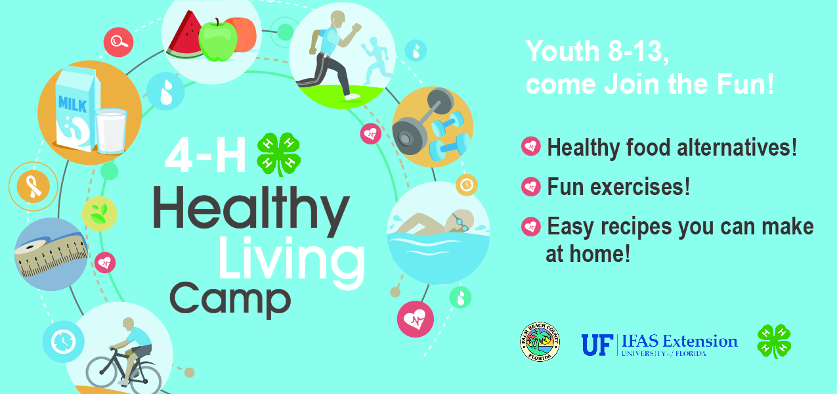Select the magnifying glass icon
click(118, 42)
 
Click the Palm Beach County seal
click(540, 341)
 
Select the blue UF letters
click(597, 344)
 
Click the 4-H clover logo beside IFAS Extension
click(774, 341)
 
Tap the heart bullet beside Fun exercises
click(530, 187)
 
